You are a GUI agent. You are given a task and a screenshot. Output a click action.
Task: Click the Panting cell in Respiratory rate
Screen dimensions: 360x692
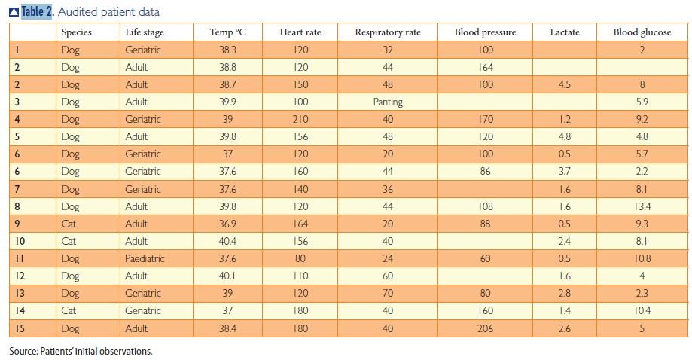point(387,102)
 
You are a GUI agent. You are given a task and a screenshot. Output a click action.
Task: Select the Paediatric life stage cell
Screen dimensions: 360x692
point(145,258)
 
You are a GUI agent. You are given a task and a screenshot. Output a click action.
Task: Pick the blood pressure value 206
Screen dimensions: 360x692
point(486,328)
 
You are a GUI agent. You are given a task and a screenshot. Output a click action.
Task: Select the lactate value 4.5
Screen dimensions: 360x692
point(565,84)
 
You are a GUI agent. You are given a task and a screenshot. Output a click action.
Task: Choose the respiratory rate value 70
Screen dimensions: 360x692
point(387,293)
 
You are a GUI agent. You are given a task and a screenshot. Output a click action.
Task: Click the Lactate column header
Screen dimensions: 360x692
point(565,32)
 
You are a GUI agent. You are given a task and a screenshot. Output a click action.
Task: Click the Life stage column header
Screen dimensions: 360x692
point(145,32)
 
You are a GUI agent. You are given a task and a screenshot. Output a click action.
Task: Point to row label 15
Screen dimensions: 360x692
point(20,328)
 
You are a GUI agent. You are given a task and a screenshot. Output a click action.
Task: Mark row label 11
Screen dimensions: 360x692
point(20,258)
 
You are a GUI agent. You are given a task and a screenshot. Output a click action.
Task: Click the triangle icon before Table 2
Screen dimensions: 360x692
point(13,11)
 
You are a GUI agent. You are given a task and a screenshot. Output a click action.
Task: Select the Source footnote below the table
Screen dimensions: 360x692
point(81,351)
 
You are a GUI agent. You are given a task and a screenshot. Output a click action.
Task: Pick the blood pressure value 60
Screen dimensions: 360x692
point(486,258)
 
